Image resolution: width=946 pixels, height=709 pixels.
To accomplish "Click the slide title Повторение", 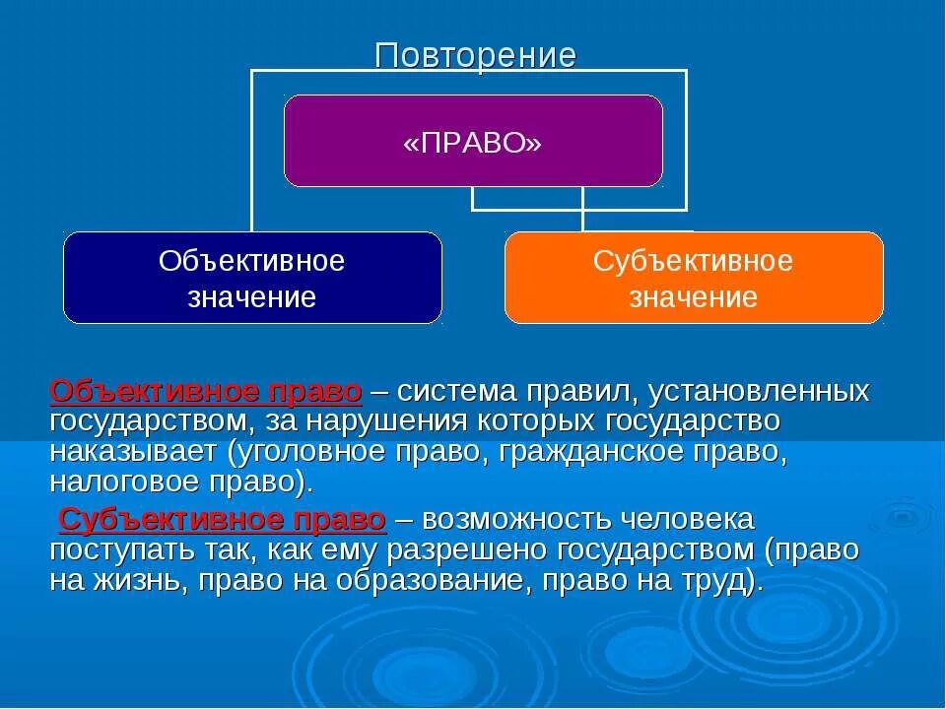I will click(475, 55).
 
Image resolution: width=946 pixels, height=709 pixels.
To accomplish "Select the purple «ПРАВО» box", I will click(473, 142).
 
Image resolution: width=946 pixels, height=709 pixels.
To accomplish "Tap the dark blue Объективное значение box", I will click(252, 279).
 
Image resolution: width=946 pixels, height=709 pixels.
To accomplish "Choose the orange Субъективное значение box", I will click(694, 279).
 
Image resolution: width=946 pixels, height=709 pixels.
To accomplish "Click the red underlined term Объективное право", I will click(206, 391).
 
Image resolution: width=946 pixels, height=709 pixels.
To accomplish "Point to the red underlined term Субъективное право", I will click(222, 519).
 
